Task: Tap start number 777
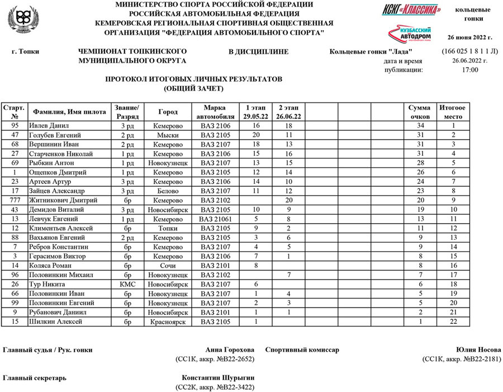point(15,200)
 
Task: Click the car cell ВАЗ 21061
point(215,219)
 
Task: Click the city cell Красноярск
point(168,322)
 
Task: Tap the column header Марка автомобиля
point(215,111)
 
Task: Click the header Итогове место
point(453,111)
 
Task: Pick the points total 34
point(419,126)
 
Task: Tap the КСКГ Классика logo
point(411,10)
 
